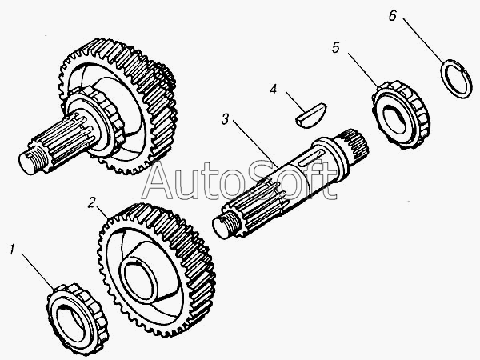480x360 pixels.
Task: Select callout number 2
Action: click(x=93, y=202)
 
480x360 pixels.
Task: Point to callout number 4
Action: click(x=274, y=90)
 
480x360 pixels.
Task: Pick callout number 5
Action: click(x=336, y=48)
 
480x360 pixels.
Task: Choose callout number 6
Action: click(x=414, y=15)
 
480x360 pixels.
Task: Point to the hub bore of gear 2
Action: click(x=143, y=277)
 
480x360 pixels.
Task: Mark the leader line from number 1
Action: click(x=37, y=269)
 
